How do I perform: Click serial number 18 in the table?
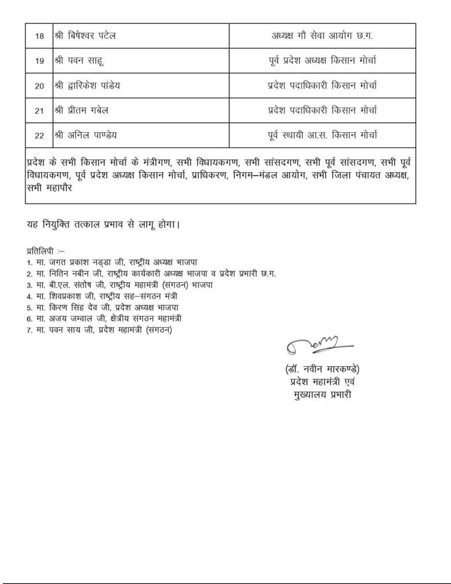39,35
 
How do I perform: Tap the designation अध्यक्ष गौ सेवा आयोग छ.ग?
322,35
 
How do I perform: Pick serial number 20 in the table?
39,86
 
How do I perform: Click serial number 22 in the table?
39,135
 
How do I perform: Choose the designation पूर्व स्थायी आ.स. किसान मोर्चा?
322,135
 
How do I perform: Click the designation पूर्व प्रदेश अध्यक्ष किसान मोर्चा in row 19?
322,60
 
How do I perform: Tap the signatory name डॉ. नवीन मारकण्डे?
323,368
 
